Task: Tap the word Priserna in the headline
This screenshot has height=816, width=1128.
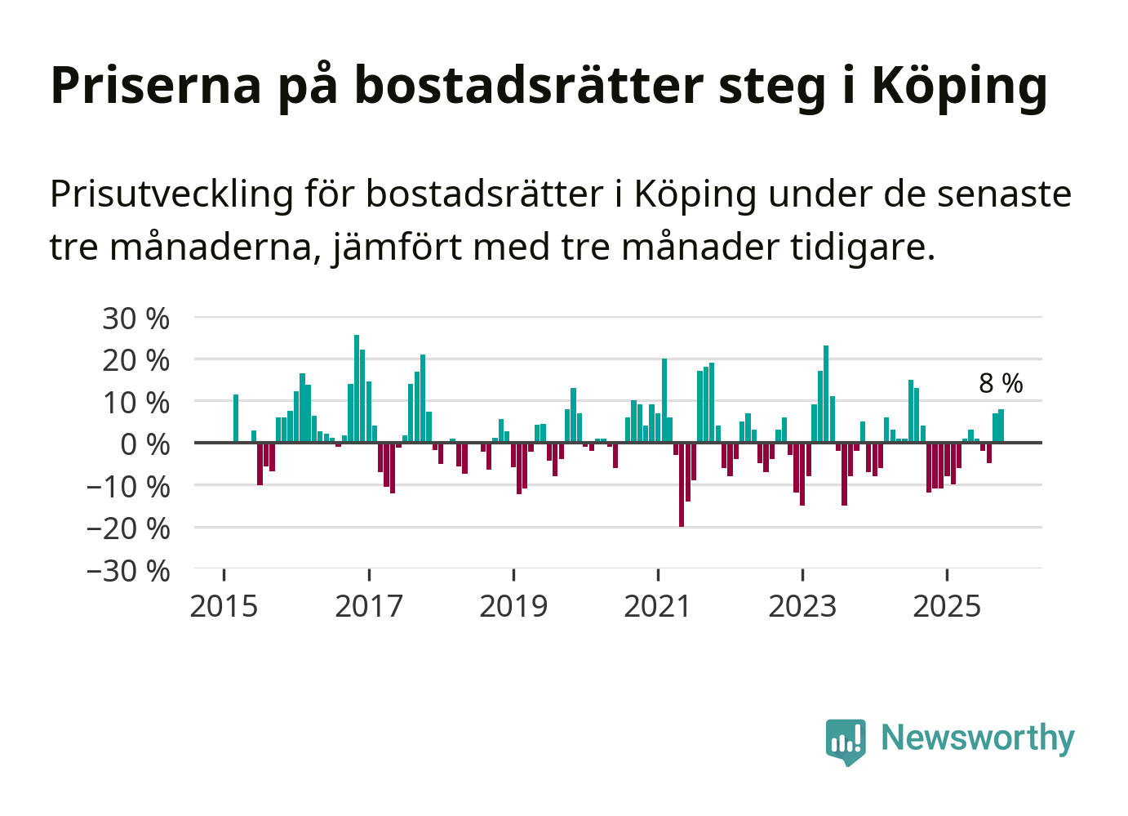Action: (x=156, y=85)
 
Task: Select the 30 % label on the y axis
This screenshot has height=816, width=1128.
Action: (x=135, y=319)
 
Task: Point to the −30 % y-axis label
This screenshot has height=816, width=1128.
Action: (x=128, y=570)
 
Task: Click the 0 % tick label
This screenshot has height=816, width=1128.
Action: (x=144, y=444)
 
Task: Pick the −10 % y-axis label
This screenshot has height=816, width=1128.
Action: (x=128, y=487)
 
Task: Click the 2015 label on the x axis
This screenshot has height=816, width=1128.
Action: (x=224, y=606)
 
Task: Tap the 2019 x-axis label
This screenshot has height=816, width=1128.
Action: (x=513, y=606)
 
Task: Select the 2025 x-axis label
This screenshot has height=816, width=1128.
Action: (x=947, y=606)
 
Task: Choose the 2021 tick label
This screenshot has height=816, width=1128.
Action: (x=658, y=606)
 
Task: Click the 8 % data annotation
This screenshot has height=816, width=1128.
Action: (x=1001, y=383)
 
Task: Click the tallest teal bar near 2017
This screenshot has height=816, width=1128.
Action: (x=357, y=388)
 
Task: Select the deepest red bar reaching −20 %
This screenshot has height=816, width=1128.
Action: (x=682, y=484)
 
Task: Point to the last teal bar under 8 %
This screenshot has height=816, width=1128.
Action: (x=1001, y=426)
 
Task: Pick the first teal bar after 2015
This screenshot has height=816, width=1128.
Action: (x=236, y=418)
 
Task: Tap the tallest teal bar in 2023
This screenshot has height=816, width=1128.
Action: (x=826, y=394)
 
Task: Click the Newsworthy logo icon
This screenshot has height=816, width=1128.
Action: (x=846, y=741)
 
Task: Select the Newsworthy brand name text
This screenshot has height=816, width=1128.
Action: (x=978, y=738)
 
